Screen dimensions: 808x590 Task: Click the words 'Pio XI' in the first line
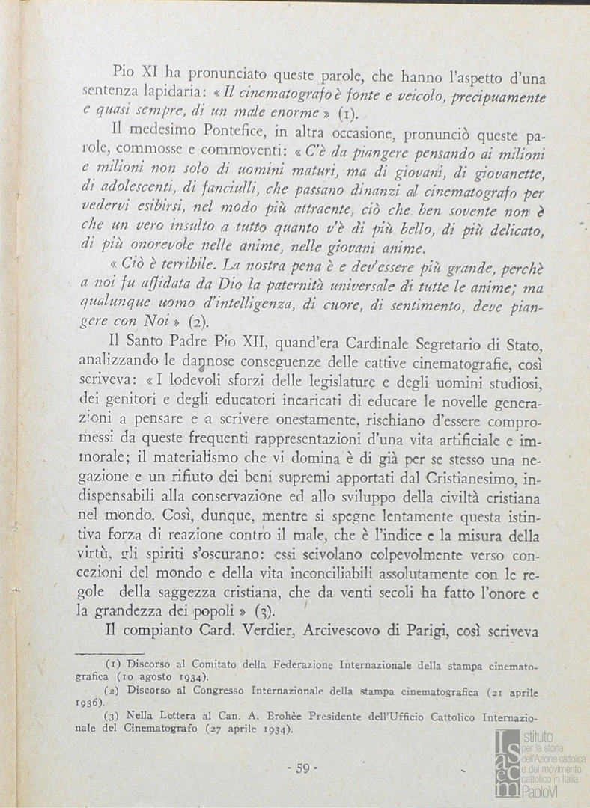[133, 73]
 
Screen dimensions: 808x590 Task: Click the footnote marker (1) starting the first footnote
[112, 664]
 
